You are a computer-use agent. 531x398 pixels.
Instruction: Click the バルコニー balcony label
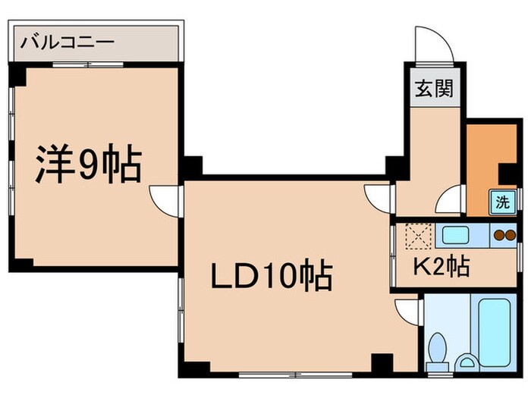(68, 39)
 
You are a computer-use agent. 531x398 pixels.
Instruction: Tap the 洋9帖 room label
(89, 165)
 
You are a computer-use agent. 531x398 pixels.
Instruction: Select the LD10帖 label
(271, 276)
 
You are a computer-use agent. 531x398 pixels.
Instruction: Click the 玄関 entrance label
(433, 89)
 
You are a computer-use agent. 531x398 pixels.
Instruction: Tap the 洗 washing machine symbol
(502, 202)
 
